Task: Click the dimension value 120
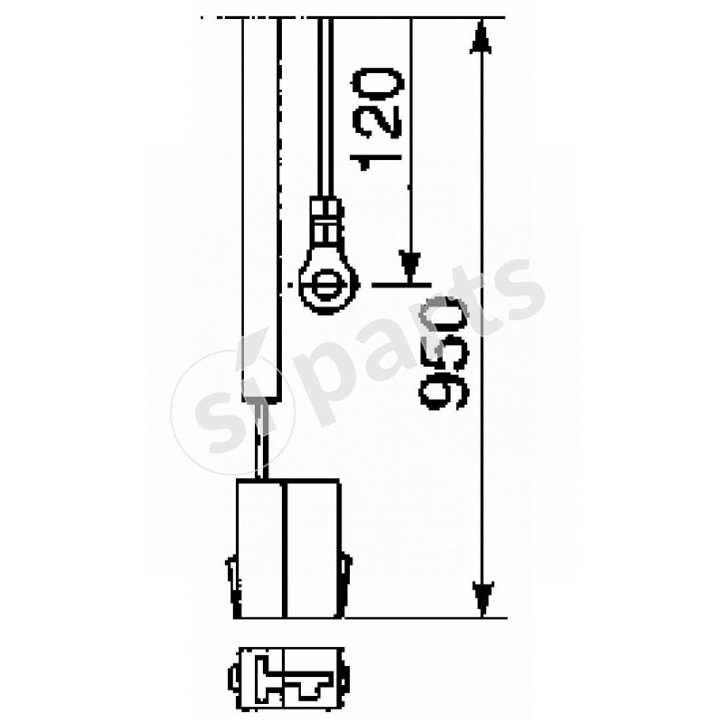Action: [377, 116]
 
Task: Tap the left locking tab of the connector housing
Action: [230, 579]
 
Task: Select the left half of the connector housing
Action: [259, 549]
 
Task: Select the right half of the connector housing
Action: [312, 549]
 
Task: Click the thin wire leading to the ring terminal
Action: [324, 108]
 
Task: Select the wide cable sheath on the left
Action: [262, 208]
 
